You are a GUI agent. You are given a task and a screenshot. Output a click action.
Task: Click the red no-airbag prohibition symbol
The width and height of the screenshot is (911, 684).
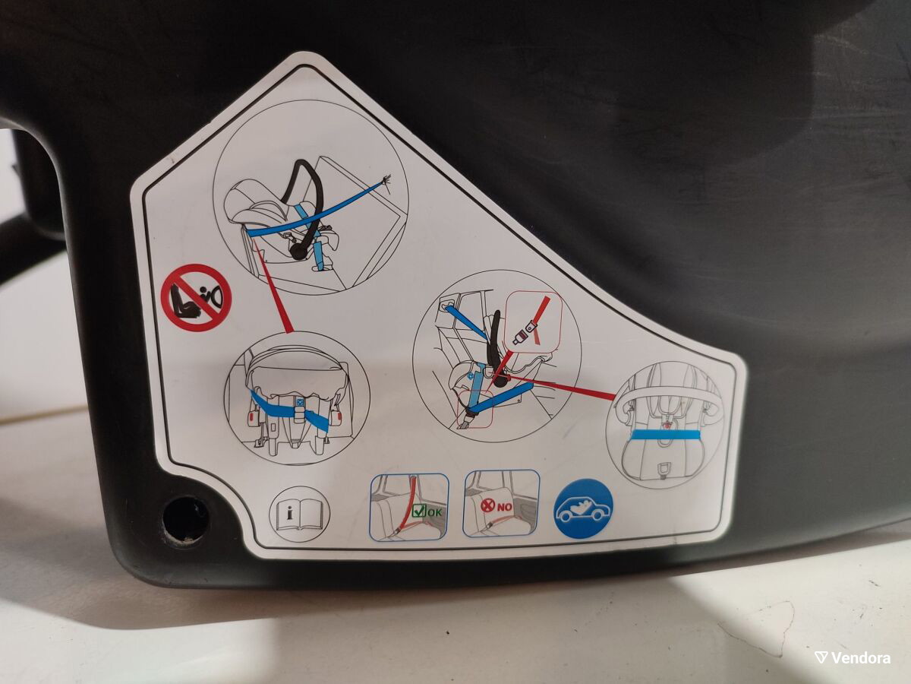197,297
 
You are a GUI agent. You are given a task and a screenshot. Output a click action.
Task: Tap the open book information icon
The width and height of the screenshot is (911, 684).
299,514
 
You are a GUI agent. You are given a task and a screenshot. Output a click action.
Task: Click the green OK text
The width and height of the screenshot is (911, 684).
434,512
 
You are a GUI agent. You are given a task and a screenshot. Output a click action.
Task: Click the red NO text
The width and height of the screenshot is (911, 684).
504,507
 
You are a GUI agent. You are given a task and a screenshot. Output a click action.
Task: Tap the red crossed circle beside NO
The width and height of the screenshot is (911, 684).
487,506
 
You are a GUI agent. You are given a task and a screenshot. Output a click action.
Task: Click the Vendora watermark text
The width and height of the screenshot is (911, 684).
860,658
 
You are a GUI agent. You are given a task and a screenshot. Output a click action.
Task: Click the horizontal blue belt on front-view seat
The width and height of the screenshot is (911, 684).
665,435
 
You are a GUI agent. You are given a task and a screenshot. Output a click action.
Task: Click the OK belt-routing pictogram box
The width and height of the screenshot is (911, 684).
409,507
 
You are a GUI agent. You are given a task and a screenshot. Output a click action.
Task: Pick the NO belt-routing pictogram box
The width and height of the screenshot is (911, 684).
501,503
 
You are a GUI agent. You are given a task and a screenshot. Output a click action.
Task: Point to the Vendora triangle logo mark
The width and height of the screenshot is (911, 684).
821,657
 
